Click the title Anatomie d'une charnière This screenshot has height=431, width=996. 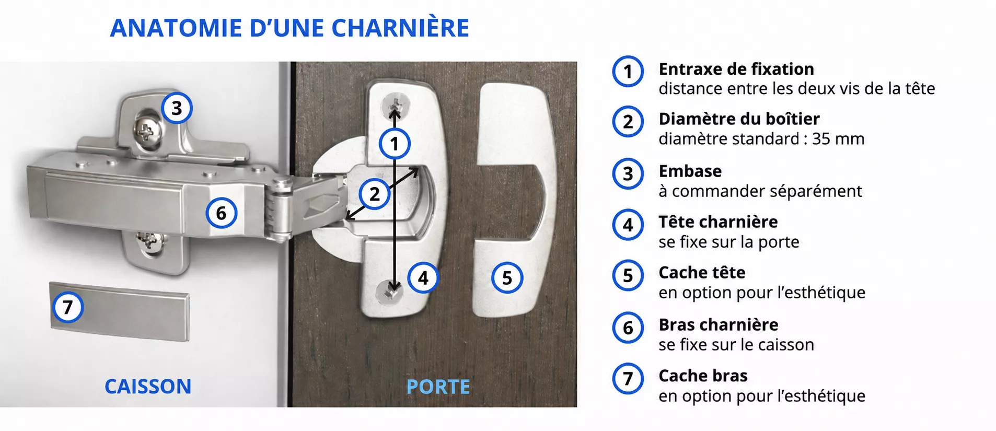pyautogui.click(x=289, y=28)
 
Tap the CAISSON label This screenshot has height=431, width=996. pyautogui.click(x=148, y=387)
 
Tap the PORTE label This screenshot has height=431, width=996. pyautogui.click(x=438, y=387)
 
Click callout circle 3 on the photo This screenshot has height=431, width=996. pyautogui.click(x=177, y=108)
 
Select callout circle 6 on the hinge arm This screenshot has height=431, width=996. pyautogui.click(x=221, y=213)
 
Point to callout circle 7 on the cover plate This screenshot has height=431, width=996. pyautogui.click(x=68, y=307)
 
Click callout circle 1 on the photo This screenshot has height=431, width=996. pyautogui.click(x=395, y=144)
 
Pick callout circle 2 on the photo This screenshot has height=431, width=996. pyautogui.click(x=374, y=194)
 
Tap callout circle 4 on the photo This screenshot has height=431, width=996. pyautogui.click(x=423, y=278)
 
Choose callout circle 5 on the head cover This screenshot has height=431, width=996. pyautogui.click(x=507, y=278)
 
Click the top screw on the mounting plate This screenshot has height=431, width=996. pyautogui.click(x=146, y=131)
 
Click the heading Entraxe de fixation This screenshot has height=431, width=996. pyautogui.click(x=736, y=69)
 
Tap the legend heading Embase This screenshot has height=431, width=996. pyautogui.click(x=690, y=171)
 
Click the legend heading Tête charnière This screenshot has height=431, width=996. pyautogui.click(x=718, y=222)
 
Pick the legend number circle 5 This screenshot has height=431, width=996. pyautogui.click(x=628, y=275)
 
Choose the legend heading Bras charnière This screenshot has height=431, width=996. pyautogui.click(x=719, y=325)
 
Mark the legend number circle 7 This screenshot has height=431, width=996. pyautogui.click(x=628, y=378)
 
